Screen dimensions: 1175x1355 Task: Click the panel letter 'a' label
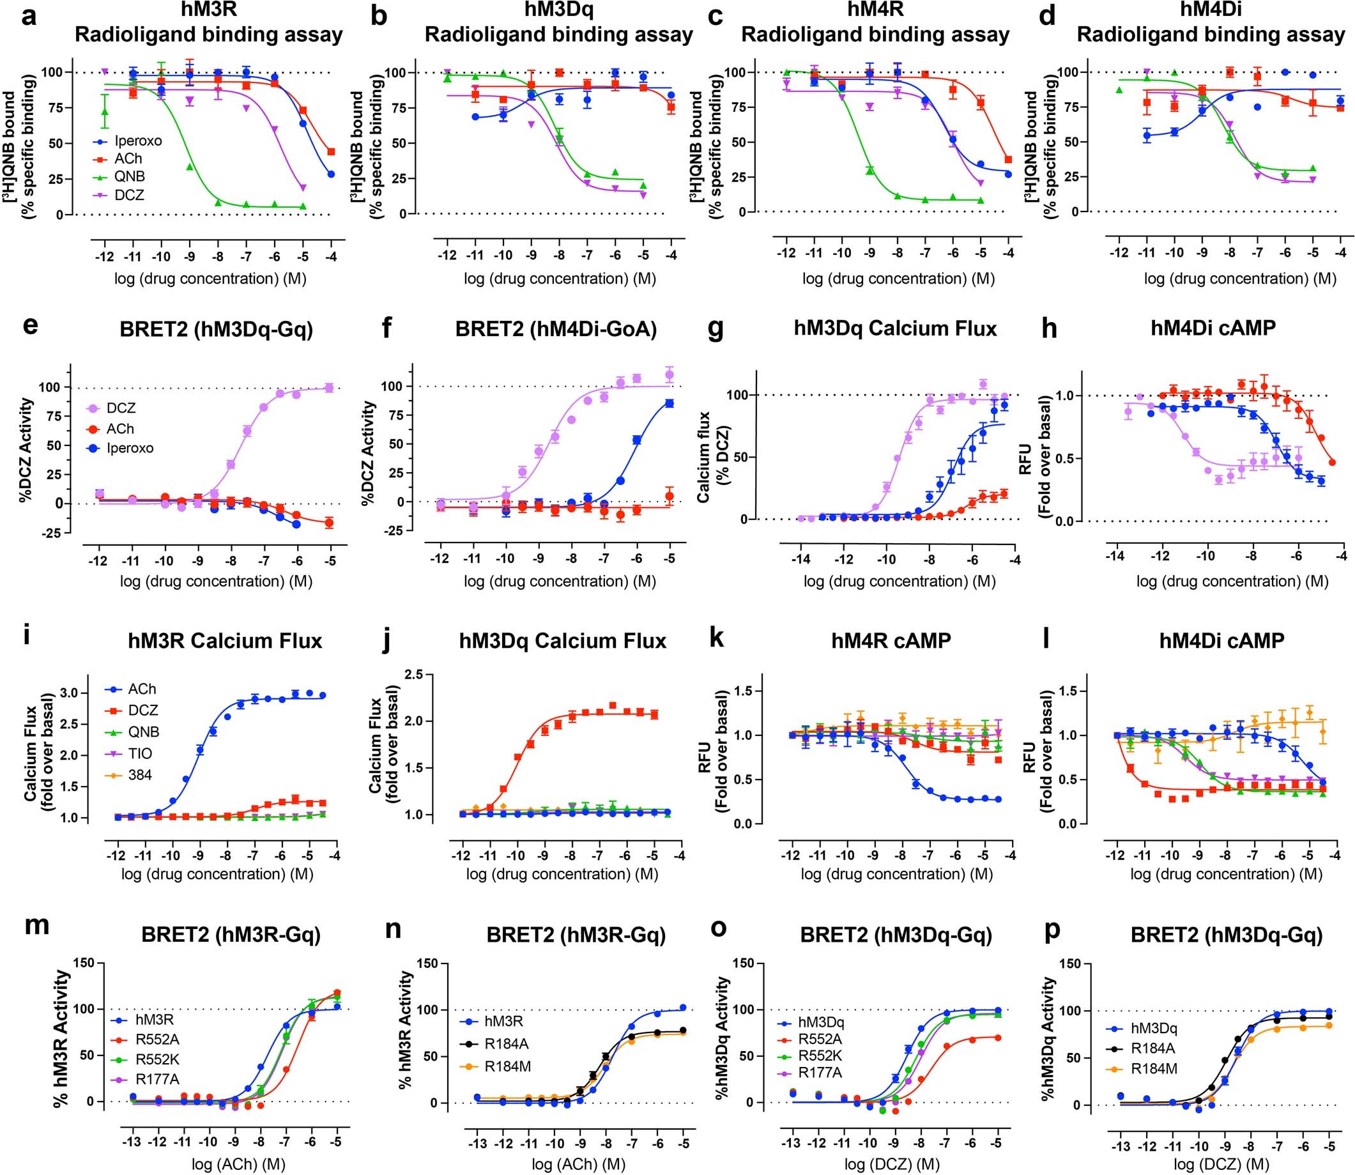pos(28,16)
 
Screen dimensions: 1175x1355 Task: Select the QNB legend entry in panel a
pos(129,176)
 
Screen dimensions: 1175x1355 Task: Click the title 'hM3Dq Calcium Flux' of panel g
pos(895,328)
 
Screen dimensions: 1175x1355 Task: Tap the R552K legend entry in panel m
pos(156,1059)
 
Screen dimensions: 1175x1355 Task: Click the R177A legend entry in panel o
pos(820,1072)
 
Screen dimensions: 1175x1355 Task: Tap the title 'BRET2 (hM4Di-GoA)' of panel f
pos(556,328)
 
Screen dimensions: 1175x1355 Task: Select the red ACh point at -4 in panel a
pos(331,151)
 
